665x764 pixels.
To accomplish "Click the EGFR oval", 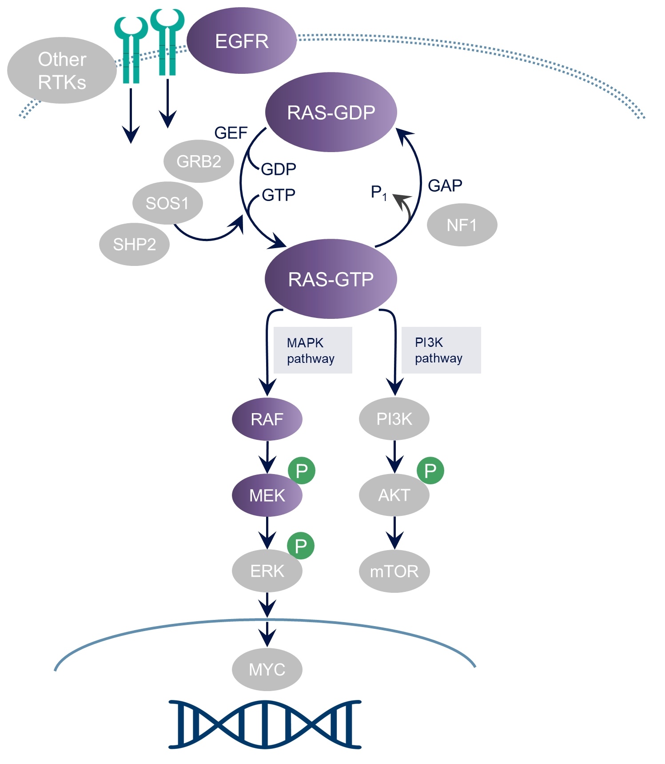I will (241, 41).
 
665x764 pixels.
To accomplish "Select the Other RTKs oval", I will (62, 70).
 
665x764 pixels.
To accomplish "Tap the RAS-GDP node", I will (331, 112).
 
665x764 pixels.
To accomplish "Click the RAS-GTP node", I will (331, 279).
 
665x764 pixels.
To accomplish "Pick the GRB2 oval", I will (199, 161).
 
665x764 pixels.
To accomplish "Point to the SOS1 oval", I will (167, 203).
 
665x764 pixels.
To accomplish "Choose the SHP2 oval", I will (134, 244).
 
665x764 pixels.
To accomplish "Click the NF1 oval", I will (462, 225).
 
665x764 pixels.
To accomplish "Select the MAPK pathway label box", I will (312, 350).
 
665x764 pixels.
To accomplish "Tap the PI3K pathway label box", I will (441, 350).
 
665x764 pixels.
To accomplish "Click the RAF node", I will (267, 419).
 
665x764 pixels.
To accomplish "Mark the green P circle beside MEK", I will (302, 470).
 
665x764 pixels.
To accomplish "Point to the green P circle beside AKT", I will (430, 470).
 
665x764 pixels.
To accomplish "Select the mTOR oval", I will (394, 571).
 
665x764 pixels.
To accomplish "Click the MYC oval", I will (267, 669).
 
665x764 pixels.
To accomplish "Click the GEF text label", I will (231, 133).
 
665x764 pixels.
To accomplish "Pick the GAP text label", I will (445, 185).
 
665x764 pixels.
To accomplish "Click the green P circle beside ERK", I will (301, 546).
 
